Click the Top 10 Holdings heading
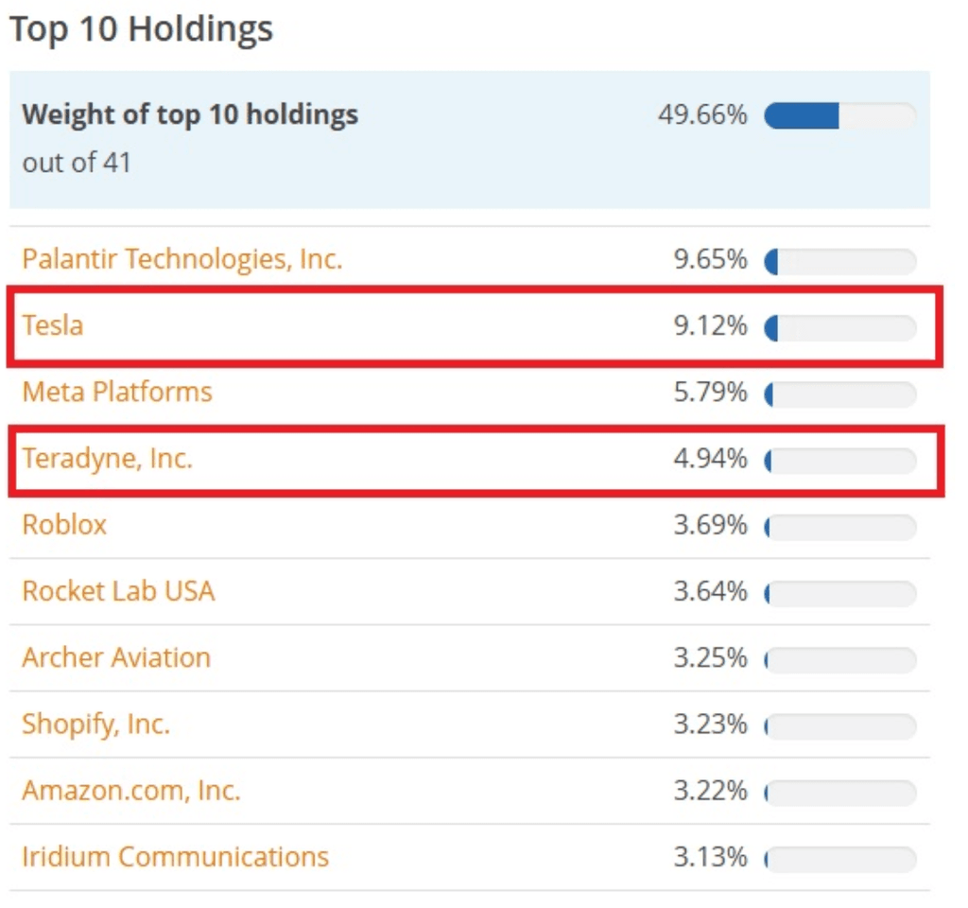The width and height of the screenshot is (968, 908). click(x=141, y=28)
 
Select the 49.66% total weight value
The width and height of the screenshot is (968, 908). click(x=702, y=115)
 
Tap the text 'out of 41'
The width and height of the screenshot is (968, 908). click(x=77, y=162)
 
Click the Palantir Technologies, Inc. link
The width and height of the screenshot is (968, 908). click(x=181, y=258)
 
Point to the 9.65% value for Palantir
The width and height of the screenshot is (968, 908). click(x=710, y=259)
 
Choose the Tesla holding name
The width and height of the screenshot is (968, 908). click(x=53, y=325)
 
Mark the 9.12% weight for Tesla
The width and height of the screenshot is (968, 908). click(x=710, y=326)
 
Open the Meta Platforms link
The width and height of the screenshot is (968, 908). click(x=117, y=392)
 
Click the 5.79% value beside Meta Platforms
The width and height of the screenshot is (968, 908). click(x=710, y=393)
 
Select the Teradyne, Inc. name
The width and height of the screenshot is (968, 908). click(x=107, y=459)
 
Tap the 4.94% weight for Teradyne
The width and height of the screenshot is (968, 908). click(x=710, y=460)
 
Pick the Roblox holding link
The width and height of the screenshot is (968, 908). click(x=64, y=524)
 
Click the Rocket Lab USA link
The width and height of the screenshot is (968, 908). click(x=118, y=591)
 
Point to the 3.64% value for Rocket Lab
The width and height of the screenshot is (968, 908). click(x=710, y=592)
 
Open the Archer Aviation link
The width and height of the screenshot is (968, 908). click(x=116, y=657)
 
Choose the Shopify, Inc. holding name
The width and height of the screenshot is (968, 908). click(x=95, y=725)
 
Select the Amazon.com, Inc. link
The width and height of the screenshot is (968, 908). click(x=130, y=790)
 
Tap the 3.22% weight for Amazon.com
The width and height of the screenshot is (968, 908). click(x=710, y=791)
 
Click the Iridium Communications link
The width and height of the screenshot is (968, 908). click(x=175, y=857)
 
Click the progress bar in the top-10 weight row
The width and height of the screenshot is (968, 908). click(x=839, y=116)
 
